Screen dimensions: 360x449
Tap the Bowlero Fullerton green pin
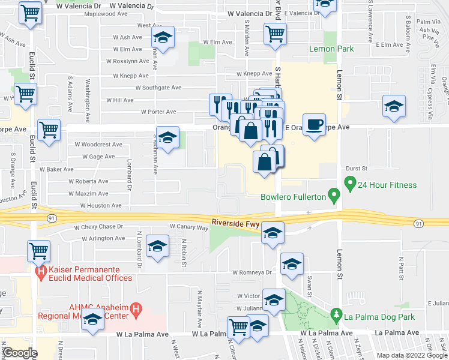[335, 196]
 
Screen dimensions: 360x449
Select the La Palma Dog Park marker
[337, 314]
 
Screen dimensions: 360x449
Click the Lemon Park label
[331, 49]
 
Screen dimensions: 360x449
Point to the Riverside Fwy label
[235, 223]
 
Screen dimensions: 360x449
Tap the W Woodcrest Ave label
[98, 145]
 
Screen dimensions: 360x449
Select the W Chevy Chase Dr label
[98, 227]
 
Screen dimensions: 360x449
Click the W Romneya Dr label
[253, 272]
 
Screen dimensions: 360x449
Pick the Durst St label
[356, 169]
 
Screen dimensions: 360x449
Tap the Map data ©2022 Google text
[412, 355]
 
